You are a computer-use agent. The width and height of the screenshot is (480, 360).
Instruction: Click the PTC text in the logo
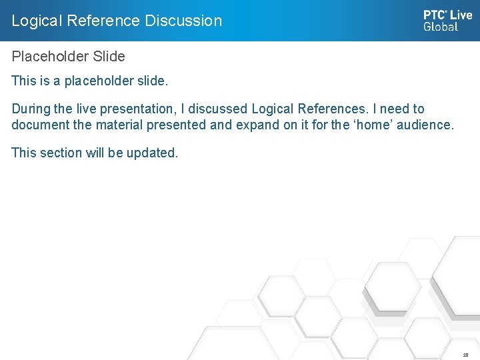coord(435,15)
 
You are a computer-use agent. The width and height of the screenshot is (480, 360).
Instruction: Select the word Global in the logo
coord(441,27)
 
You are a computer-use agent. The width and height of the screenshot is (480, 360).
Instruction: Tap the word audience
coord(425,125)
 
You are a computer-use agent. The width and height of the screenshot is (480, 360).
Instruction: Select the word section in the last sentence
coord(61,153)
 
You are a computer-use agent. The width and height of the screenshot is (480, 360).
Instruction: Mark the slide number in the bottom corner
coord(465,355)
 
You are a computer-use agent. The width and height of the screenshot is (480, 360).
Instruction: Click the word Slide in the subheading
coord(108,57)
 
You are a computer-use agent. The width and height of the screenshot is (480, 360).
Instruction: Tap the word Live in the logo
coord(461,15)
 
